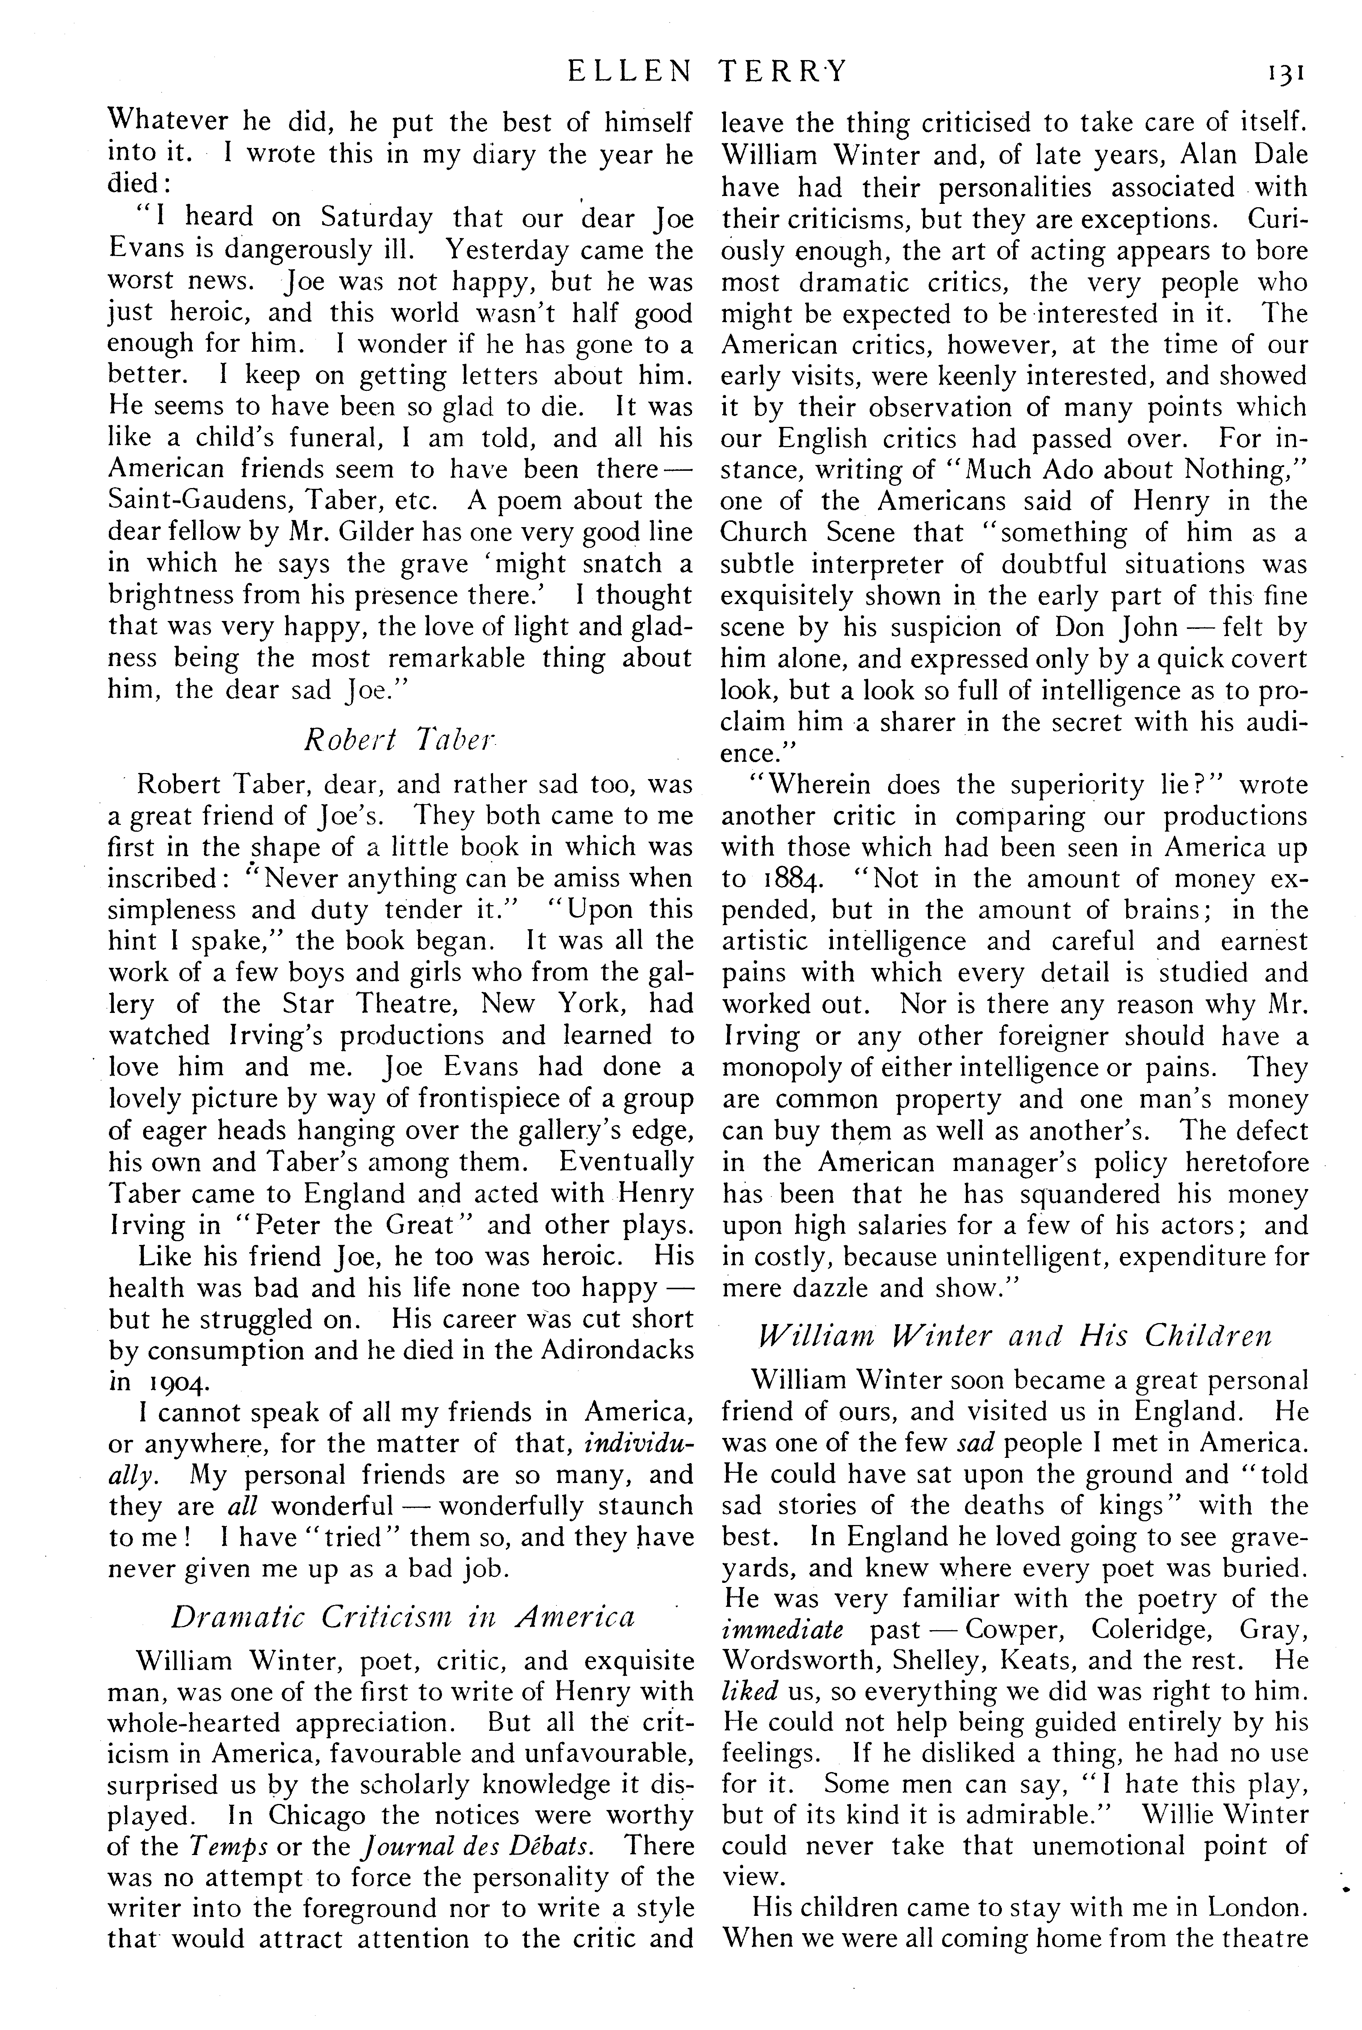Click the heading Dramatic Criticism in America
(x=402, y=1617)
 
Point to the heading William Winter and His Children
(x=1015, y=1335)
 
